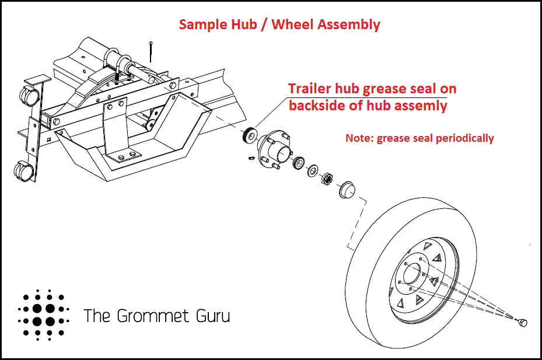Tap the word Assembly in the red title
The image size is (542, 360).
pyautogui.click(x=348, y=25)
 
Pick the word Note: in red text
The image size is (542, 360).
pyautogui.click(x=359, y=138)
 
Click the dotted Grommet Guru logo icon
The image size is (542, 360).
pyautogui.click(x=44, y=314)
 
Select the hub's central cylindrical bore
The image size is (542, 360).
pyautogui.click(x=282, y=153)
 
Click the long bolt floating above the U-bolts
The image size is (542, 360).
pyautogui.click(x=151, y=51)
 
